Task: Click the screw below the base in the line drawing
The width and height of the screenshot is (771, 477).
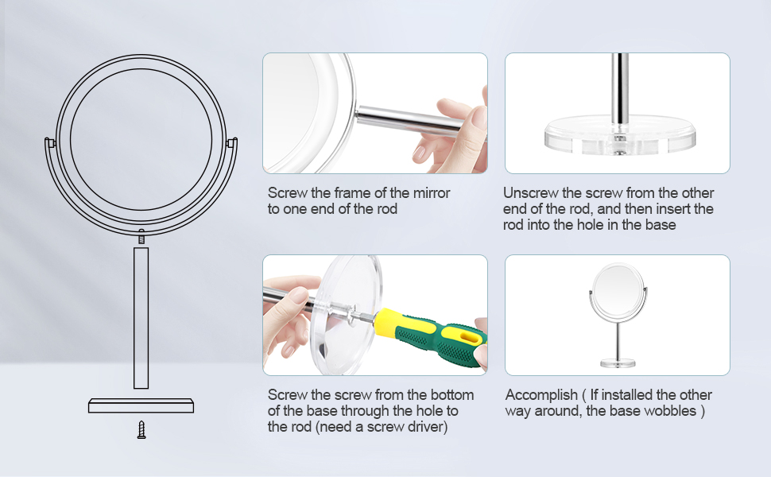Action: point(141,430)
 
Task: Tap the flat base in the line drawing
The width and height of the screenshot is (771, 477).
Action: point(141,405)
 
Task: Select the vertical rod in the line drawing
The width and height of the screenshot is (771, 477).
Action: point(141,318)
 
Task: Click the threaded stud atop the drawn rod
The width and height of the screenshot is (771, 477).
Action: point(141,238)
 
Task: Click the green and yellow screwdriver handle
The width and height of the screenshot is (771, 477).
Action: point(430,339)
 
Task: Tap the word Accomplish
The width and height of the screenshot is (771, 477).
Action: point(541,395)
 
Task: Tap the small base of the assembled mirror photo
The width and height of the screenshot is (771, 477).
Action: point(618,364)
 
